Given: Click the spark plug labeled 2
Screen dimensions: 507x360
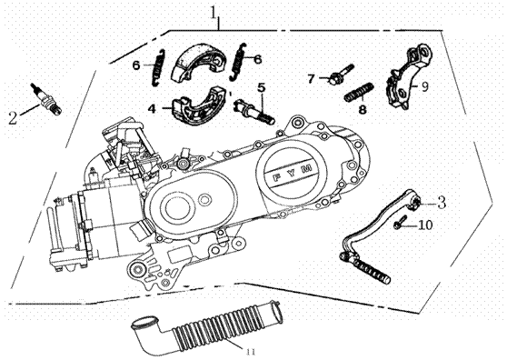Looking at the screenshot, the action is click(x=46, y=99).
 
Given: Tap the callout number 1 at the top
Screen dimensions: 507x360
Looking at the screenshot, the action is click(x=214, y=14).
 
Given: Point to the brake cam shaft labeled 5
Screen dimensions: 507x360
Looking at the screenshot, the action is click(x=254, y=111).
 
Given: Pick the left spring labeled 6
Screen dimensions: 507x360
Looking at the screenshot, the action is click(x=158, y=67).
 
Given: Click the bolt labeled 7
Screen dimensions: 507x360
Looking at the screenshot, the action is click(x=340, y=75).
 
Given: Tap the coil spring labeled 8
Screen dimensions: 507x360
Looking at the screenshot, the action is click(x=359, y=92).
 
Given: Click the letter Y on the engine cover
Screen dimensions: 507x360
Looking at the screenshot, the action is click(x=293, y=173).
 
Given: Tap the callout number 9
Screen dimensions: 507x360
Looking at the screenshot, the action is click(x=424, y=86).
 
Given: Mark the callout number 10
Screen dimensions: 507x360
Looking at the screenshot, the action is click(x=425, y=225).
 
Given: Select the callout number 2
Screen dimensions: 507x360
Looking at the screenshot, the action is click(x=13, y=118).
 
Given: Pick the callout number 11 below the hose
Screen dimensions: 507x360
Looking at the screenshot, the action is click(x=251, y=351).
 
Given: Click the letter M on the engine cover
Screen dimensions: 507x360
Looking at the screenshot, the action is click(x=308, y=168).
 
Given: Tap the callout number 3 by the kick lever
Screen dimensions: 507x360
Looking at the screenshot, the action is click(x=441, y=202).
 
